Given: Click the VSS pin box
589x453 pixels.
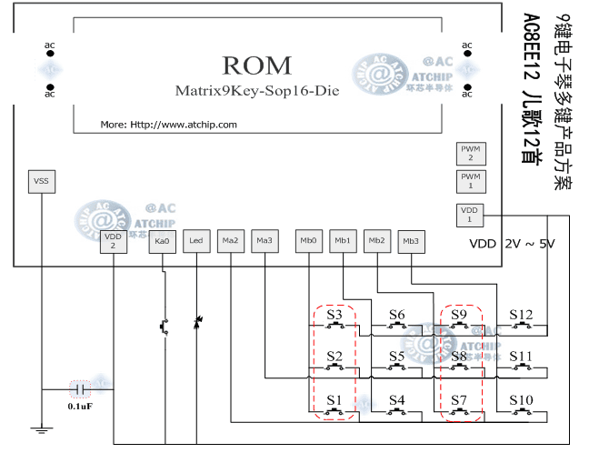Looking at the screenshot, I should click(41, 181).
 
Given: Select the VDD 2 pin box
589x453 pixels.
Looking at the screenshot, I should click(113, 240).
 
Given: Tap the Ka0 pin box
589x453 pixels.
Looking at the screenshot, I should click(163, 241).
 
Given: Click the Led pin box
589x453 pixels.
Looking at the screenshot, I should click(195, 241).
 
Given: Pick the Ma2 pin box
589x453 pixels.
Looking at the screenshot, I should click(230, 241).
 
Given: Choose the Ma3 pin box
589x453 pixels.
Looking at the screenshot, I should click(265, 241).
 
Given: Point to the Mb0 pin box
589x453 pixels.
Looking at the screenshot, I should click(309, 241).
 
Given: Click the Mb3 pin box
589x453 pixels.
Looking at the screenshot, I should click(411, 241).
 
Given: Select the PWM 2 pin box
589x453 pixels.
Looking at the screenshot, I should click(470, 153).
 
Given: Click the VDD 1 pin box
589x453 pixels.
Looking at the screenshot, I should click(470, 215).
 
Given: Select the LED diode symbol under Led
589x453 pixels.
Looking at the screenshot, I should click(196, 323).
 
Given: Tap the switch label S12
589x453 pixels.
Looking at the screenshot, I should click(521, 315).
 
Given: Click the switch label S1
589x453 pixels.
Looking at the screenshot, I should click(334, 399).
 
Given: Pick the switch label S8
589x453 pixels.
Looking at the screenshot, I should click(459, 357).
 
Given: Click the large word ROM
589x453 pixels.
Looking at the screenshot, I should click(257, 65).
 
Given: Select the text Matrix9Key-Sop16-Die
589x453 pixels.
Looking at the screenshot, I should click(257, 91).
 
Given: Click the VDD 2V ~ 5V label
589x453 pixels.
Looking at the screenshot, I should click(511, 244).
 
